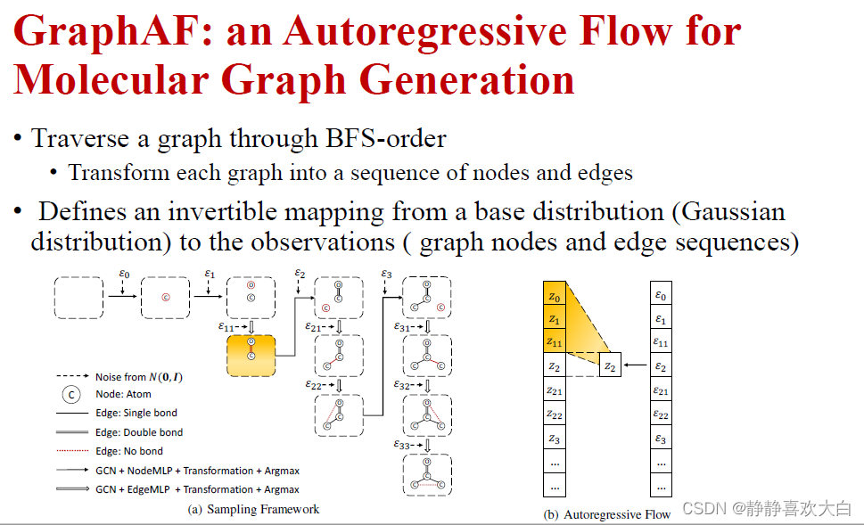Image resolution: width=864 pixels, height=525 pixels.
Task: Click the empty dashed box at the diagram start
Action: pos(79,297)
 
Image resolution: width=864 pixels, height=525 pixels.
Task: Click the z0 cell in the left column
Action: pos(555,295)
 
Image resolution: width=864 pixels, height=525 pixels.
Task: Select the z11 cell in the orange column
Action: pos(555,342)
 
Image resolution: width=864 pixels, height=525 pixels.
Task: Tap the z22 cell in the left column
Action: pos(555,415)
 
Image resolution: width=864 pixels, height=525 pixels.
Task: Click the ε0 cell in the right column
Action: pos(661,295)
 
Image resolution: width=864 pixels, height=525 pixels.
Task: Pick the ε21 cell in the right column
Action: pos(661,391)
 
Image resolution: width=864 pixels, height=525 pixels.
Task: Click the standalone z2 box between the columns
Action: pos(610,365)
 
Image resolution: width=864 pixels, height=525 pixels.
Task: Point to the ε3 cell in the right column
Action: pos(661,439)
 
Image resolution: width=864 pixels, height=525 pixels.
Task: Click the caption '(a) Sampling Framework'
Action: pos(253,510)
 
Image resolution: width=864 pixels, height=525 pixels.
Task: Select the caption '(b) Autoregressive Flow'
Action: pos(607,514)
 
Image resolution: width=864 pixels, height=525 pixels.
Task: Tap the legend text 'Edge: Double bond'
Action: pos(139,432)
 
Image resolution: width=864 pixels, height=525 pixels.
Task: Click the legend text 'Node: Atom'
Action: pos(124,394)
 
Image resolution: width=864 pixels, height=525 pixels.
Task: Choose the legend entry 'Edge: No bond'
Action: pos(131,451)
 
